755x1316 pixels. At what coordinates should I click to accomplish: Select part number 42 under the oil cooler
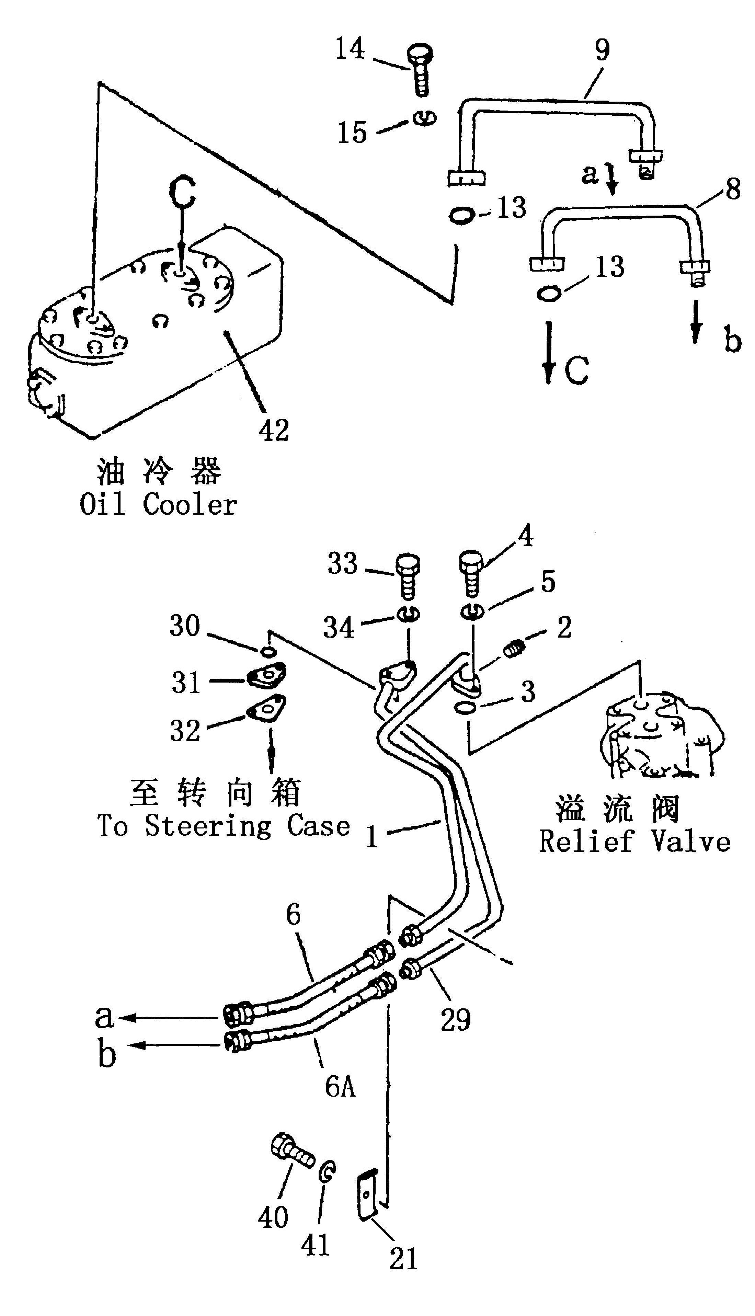pyautogui.click(x=274, y=430)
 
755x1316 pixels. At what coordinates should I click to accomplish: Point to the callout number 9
pyautogui.click(x=602, y=50)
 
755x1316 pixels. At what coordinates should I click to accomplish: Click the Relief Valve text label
pyautogui.click(x=635, y=841)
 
